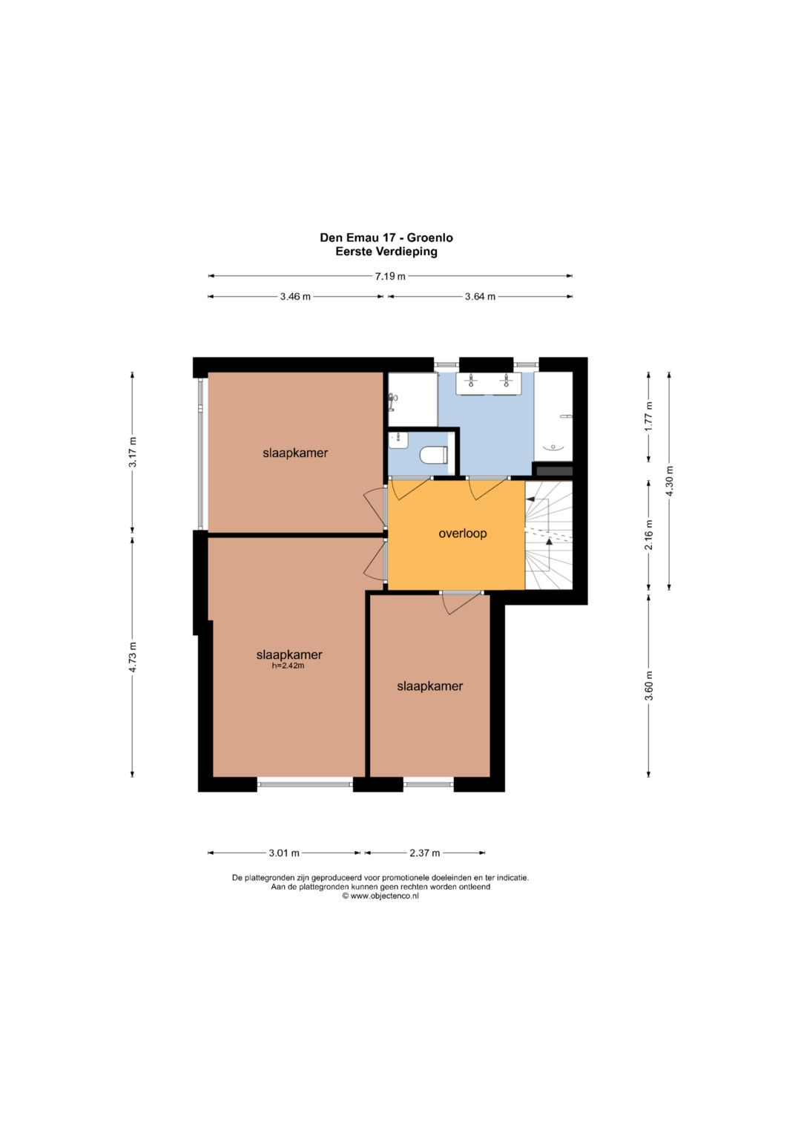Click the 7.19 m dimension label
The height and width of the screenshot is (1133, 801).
pos(390,276)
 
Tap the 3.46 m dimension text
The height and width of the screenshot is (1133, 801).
pos(295,296)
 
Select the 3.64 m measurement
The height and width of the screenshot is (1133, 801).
pos(480,296)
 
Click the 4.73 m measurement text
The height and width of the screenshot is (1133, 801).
pos(133,657)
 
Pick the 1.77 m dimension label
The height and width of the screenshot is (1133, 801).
pos(649,416)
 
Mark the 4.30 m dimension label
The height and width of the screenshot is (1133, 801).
pos(670,481)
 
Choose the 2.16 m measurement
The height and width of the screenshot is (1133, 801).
pos(649,535)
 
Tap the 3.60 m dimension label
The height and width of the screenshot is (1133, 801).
pos(649,686)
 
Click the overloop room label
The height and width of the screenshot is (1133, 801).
pos(462,533)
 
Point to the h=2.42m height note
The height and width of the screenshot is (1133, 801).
pos(288,666)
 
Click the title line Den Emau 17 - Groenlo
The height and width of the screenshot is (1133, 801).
pos(386,237)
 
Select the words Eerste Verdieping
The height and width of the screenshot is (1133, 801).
pos(386,252)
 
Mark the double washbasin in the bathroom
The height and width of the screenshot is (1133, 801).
pos(489,383)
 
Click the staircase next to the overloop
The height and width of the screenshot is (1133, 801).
pos(549,535)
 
